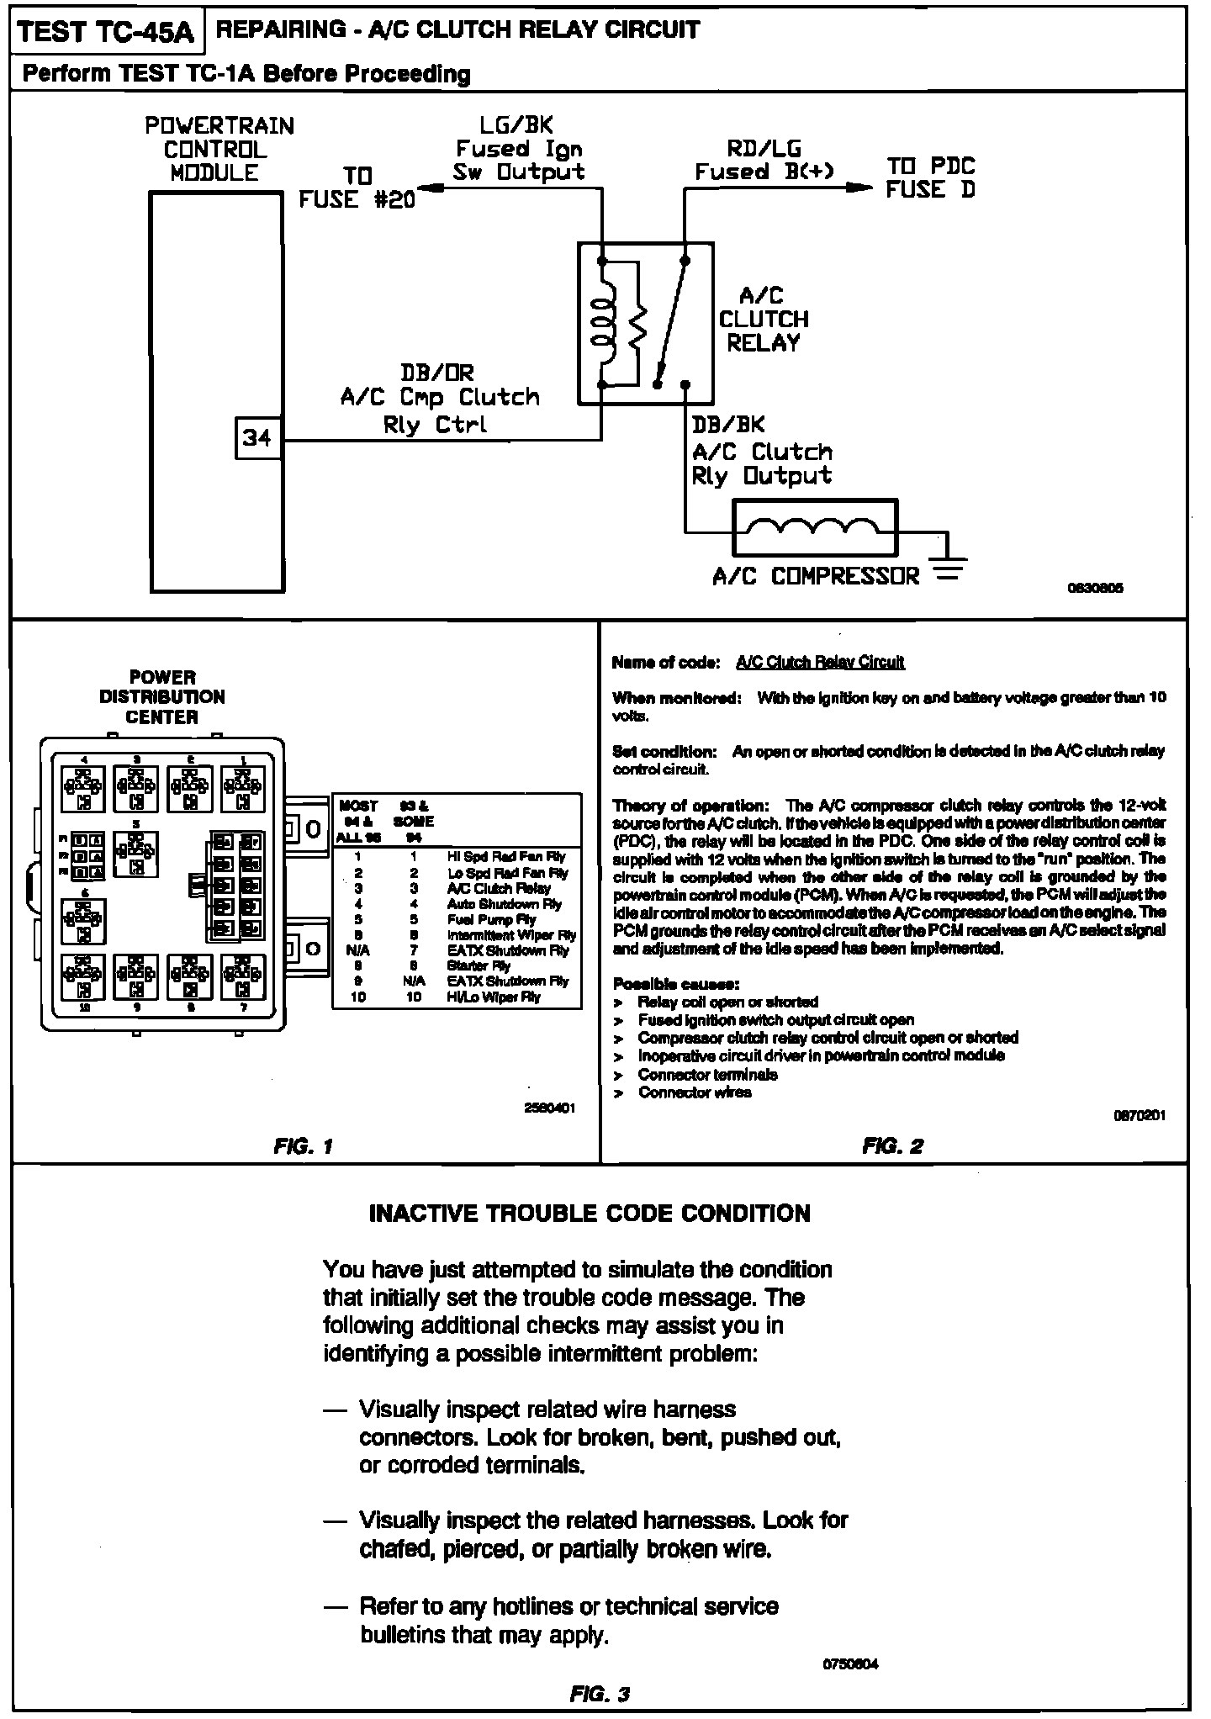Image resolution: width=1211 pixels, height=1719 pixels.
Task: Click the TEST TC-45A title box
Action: [x=106, y=33]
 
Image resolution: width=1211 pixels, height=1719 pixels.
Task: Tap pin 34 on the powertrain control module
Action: [x=257, y=438]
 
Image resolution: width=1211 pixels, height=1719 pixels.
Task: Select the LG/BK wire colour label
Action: [x=516, y=125]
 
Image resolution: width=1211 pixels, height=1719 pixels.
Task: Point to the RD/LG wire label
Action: [x=764, y=149]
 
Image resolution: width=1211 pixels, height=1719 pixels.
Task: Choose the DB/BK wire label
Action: [x=727, y=425]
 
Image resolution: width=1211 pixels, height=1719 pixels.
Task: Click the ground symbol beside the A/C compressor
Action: [x=947, y=569]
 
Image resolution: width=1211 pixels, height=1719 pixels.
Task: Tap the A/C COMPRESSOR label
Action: [x=815, y=577]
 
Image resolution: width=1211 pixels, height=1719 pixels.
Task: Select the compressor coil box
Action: [x=815, y=527]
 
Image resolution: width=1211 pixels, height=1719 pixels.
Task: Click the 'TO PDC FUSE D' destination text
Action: [x=930, y=177]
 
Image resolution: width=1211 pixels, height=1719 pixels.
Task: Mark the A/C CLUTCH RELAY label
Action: [x=763, y=320]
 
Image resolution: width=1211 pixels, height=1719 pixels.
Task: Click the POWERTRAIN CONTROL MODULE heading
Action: [x=219, y=150]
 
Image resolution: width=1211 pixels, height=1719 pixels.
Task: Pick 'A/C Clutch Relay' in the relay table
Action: [x=499, y=888]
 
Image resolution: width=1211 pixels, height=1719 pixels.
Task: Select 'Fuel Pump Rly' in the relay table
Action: [x=491, y=919]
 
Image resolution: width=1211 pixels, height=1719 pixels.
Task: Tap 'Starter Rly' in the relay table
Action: [x=479, y=965]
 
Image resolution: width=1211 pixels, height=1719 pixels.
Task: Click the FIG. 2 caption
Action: [x=892, y=1145]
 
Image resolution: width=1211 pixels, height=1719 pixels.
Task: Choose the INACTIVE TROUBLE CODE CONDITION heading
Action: [x=590, y=1214]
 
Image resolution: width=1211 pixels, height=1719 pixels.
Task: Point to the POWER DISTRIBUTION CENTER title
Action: [x=162, y=697]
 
